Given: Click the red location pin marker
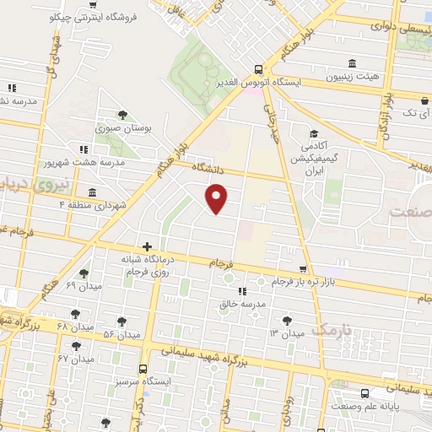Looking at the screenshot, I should pyautogui.click(x=217, y=199).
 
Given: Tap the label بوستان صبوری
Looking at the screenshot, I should pyautogui.click(x=123, y=131).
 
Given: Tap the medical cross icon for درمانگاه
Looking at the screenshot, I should pyautogui.click(x=148, y=247).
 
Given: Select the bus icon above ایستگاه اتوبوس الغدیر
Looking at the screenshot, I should pyautogui.click(x=259, y=70).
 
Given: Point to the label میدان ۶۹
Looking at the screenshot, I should pyautogui.click(x=83, y=286).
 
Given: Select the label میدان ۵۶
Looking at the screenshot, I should pyautogui.click(x=121, y=334).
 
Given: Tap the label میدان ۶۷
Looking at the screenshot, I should pyautogui.click(x=76, y=359).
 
